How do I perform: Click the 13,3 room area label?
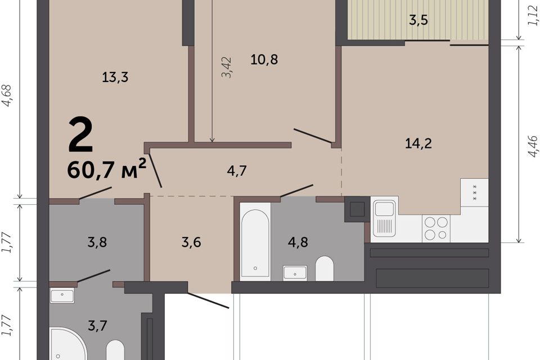[115, 77]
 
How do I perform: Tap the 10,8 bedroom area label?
[264, 60]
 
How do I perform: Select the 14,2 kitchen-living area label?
[418, 143]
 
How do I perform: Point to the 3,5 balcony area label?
[418, 20]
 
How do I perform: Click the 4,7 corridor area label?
[237, 170]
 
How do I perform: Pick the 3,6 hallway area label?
[191, 242]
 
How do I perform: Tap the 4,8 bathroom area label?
[298, 242]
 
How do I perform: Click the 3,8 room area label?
[97, 242]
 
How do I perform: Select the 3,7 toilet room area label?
[97, 325]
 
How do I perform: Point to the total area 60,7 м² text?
[107, 169]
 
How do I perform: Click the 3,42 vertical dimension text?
[227, 67]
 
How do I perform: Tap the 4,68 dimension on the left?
[7, 96]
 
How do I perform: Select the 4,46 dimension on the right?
[533, 146]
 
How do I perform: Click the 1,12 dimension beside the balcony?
[533, 16]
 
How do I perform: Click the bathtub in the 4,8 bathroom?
[255, 242]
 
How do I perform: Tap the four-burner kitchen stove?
[436, 228]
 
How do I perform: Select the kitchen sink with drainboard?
[384, 219]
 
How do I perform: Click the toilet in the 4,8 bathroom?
[325, 268]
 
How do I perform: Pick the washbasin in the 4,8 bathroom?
[295, 273]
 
